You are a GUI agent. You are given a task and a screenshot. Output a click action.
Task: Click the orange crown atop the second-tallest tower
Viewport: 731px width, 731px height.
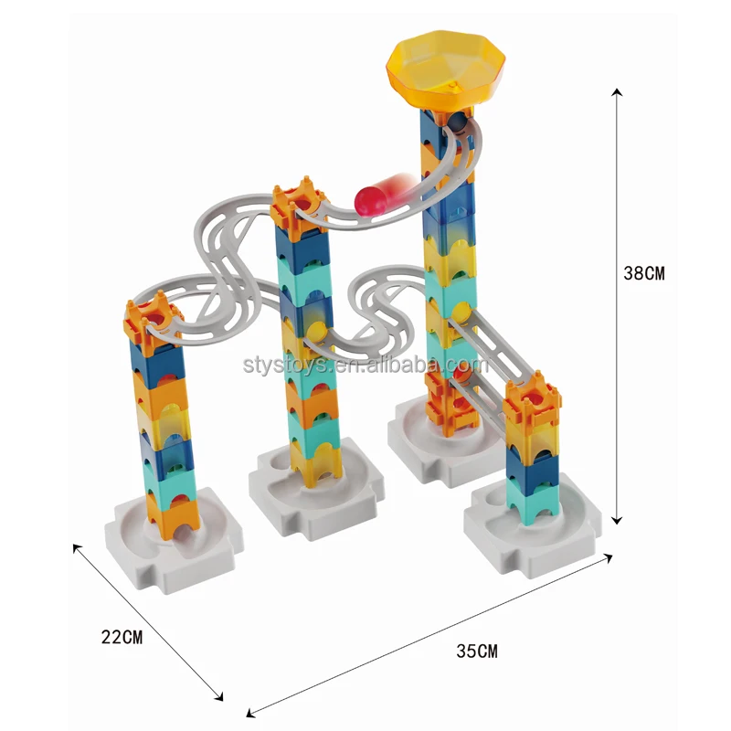(x=299, y=206)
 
